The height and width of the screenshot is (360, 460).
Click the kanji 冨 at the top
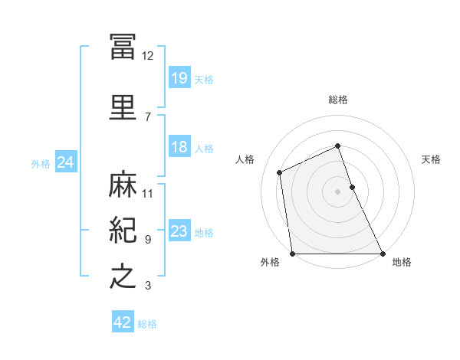(x=123, y=47)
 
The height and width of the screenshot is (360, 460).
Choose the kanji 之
(x=123, y=276)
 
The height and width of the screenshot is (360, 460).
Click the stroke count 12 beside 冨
(x=148, y=56)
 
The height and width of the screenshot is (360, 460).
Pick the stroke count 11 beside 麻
(x=148, y=193)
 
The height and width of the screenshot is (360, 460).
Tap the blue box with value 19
(x=179, y=78)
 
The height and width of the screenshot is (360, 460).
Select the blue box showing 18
(x=179, y=147)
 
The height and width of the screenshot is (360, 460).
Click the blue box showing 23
(x=179, y=232)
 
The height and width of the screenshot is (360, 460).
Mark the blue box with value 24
(x=65, y=162)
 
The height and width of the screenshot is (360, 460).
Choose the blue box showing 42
(x=123, y=322)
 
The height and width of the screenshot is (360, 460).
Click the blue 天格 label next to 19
(x=204, y=80)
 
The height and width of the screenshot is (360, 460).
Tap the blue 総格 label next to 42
(x=147, y=324)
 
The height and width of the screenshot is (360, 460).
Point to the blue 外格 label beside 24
(x=40, y=164)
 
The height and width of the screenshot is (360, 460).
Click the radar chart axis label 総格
(x=338, y=100)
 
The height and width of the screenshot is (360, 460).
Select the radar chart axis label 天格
(x=431, y=159)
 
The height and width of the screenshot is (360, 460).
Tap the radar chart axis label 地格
(x=402, y=262)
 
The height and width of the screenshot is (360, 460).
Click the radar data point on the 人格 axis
(x=280, y=172)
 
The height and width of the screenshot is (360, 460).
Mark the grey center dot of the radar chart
(x=338, y=191)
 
